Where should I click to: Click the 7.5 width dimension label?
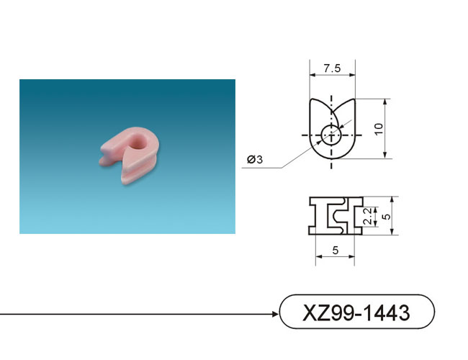[332, 68]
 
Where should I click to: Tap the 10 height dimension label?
[379, 129]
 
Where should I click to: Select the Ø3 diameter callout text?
[255, 159]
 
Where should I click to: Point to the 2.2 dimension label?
[369, 216]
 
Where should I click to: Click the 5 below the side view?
[336, 250]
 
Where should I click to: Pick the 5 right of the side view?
[387, 216]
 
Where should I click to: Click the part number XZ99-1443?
[356, 312]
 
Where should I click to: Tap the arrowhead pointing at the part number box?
[275, 314]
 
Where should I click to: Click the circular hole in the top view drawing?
[331, 135]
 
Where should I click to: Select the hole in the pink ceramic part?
[138, 141]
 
